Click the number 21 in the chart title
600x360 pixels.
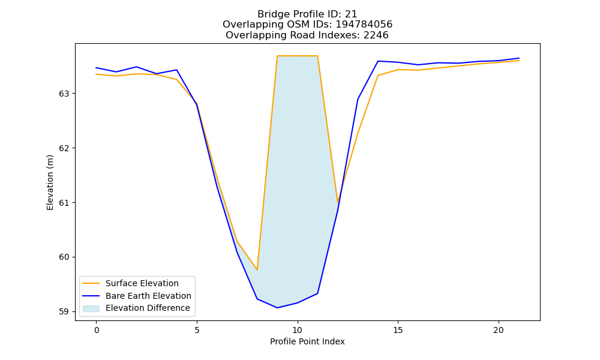[x=351, y=14]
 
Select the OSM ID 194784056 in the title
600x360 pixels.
[x=364, y=25]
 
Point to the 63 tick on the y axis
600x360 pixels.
[x=64, y=94]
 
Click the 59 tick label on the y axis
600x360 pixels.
[x=64, y=312]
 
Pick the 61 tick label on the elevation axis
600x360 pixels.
[x=64, y=203]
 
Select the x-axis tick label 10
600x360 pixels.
[x=298, y=330]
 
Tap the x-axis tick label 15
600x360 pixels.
[x=398, y=330]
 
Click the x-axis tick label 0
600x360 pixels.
[x=97, y=330]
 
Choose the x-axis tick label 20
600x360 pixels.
[x=499, y=330]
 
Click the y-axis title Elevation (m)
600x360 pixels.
[x=50, y=182]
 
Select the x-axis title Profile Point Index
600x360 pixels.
[x=307, y=341]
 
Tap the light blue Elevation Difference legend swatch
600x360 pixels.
[x=91, y=308]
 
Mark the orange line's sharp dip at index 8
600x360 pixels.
[x=257, y=270]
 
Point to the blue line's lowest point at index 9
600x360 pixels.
[x=277, y=308]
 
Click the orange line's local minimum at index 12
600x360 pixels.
[x=337, y=203]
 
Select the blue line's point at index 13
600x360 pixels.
[x=358, y=100]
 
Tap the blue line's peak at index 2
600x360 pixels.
[x=137, y=67]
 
